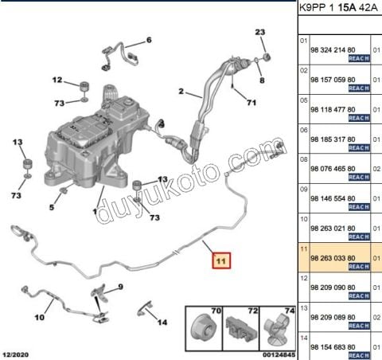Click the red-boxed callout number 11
221,260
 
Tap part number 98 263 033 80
333,258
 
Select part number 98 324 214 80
333,50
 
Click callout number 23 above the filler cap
260,32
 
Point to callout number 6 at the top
149,40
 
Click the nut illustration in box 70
204,329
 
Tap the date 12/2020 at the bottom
16,354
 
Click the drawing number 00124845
279,354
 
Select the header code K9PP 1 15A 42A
338,7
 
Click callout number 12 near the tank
57,80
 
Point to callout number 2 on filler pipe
181,92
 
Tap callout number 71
251,103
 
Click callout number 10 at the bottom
40,317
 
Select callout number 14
162,323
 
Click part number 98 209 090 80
333,288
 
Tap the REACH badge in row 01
359,58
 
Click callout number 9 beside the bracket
121,287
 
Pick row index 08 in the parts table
304,159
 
